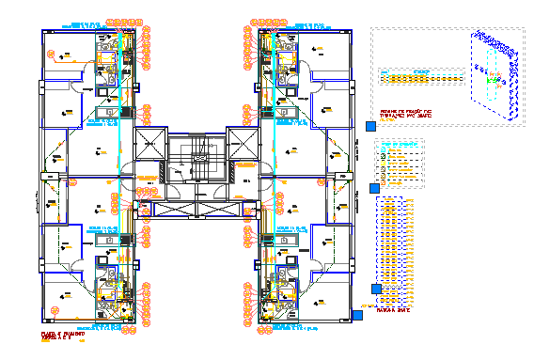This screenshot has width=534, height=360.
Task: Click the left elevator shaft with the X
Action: tap(150, 146)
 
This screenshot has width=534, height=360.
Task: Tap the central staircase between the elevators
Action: tap(196, 160)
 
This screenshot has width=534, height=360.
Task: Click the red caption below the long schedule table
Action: tap(395, 320)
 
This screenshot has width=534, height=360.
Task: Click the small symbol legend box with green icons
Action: tap(399, 162)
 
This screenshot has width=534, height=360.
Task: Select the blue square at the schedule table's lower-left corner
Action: tap(377, 289)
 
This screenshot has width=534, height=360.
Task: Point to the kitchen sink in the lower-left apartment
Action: tap(111, 239)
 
